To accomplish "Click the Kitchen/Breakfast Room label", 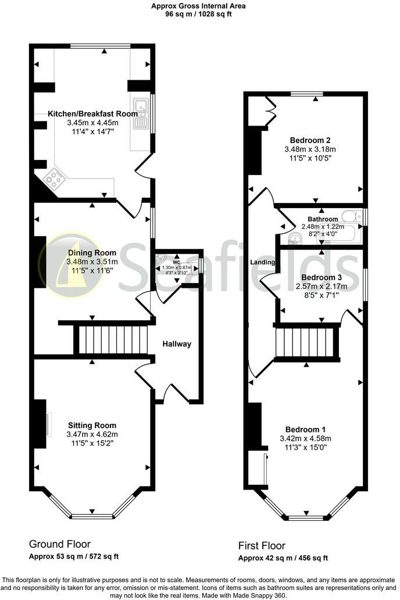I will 92,114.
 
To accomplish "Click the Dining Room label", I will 92,253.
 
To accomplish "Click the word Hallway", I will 177,344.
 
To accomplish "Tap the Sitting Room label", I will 92,425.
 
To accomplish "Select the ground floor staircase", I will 111,340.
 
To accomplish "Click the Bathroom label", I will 323,219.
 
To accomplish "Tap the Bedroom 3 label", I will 319,278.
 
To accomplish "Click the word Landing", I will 262,262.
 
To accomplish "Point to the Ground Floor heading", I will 60,544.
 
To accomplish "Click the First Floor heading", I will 262,546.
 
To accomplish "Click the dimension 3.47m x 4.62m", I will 92,434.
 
